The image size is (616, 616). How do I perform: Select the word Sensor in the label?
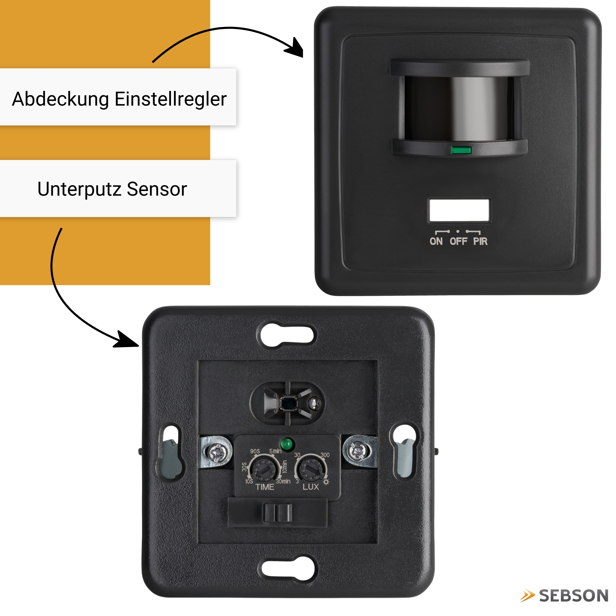click(x=157, y=189)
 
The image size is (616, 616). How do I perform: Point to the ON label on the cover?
click(x=436, y=241)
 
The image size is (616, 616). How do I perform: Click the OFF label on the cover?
click(x=458, y=241)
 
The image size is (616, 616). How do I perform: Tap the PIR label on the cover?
click(x=480, y=241)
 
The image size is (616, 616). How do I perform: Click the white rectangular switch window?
click(x=459, y=210)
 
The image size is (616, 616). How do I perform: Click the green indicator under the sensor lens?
click(x=461, y=150)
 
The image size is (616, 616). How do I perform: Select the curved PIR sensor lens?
click(x=459, y=109)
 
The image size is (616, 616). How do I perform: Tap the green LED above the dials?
click(x=287, y=444)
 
